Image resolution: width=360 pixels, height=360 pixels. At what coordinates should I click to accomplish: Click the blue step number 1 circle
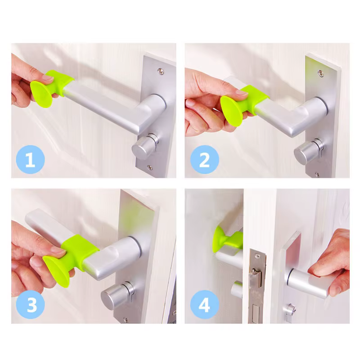30,159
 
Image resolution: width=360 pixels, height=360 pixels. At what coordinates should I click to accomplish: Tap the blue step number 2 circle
205,159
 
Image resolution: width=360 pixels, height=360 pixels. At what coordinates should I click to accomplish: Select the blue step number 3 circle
30,305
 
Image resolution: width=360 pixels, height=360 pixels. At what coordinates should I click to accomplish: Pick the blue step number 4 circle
205,305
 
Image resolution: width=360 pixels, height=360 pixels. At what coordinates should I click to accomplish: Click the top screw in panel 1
161,71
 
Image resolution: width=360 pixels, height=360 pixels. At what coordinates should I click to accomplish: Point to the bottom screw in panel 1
150,167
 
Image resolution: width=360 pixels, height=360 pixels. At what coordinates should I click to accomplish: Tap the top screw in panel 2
321,73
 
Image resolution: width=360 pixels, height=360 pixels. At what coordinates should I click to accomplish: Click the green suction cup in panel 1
41,94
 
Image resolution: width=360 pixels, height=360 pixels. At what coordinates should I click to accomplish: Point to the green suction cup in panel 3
56,271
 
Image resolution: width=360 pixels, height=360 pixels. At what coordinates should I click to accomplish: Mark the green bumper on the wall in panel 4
227,239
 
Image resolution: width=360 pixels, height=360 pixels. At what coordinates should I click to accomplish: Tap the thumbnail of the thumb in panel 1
48,77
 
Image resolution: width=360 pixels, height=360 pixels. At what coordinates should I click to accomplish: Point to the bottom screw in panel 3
126,319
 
